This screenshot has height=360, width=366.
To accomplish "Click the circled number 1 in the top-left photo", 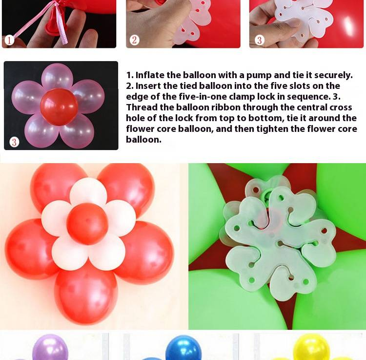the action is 9,40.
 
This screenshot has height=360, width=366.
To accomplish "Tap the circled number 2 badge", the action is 135,40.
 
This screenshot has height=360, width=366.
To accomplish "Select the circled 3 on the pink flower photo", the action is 14,142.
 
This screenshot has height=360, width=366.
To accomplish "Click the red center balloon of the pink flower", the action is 59,107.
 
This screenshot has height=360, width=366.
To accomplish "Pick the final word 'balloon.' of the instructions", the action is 143,140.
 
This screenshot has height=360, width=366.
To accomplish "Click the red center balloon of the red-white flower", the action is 87,224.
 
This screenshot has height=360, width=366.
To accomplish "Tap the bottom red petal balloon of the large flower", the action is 86,296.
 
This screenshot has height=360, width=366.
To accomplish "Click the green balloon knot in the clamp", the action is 266,194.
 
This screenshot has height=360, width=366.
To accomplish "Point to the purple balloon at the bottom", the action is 50,347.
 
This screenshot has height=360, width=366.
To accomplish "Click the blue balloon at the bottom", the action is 183,348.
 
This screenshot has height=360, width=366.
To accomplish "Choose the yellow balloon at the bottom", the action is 311,347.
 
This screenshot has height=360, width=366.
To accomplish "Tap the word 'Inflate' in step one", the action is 150,75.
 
